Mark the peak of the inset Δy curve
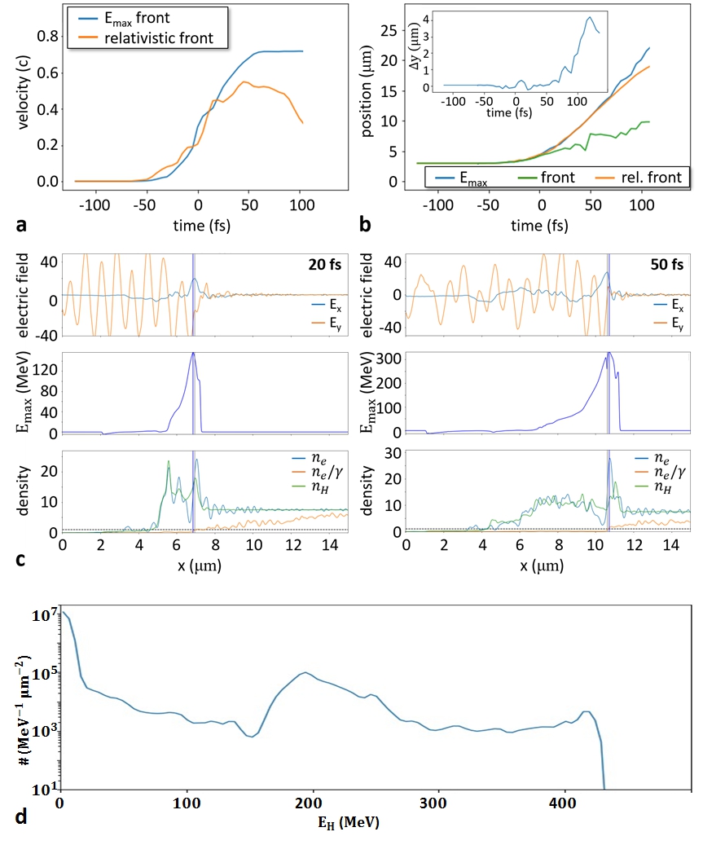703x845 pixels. (589, 18)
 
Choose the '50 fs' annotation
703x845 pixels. (670, 266)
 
